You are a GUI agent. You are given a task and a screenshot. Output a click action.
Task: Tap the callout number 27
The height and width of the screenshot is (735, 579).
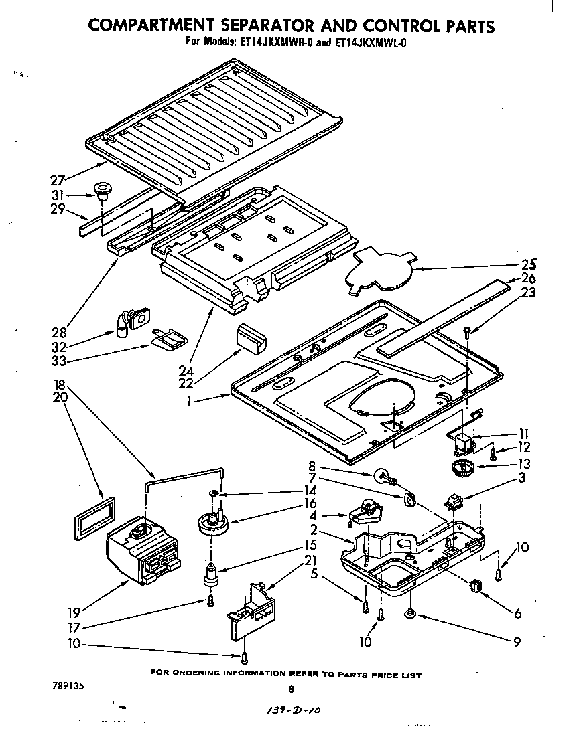(58, 180)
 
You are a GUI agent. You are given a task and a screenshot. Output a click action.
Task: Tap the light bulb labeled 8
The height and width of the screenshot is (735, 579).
(383, 476)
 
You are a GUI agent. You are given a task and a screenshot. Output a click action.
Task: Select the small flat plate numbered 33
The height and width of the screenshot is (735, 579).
(166, 339)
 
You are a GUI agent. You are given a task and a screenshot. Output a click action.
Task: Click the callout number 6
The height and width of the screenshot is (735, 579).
(517, 613)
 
